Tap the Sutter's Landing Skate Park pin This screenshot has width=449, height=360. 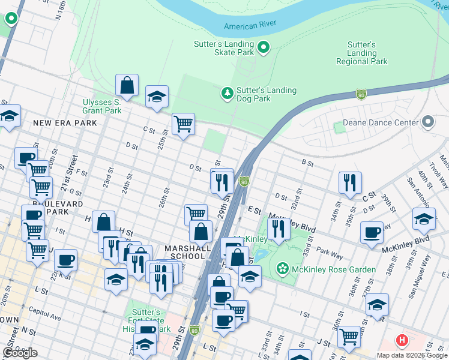[x=264, y=47]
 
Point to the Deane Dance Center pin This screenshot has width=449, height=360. [x=428, y=122]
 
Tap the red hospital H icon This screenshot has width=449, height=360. [x=402, y=341]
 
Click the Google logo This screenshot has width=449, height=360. [x=20, y=353]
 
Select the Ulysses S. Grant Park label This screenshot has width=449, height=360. [x=102, y=106]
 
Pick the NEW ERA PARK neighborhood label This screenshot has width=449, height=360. [x=65, y=123]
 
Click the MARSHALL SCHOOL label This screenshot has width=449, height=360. [x=187, y=252]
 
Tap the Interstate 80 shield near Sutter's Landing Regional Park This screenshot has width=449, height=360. [x=361, y=94]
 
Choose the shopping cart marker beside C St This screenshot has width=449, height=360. [x=183, y=124]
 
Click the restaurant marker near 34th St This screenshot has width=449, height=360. [x=350, y=182]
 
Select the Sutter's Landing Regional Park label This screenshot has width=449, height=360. [x=361, y=53]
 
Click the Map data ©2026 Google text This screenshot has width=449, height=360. [x=412, y=355]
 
